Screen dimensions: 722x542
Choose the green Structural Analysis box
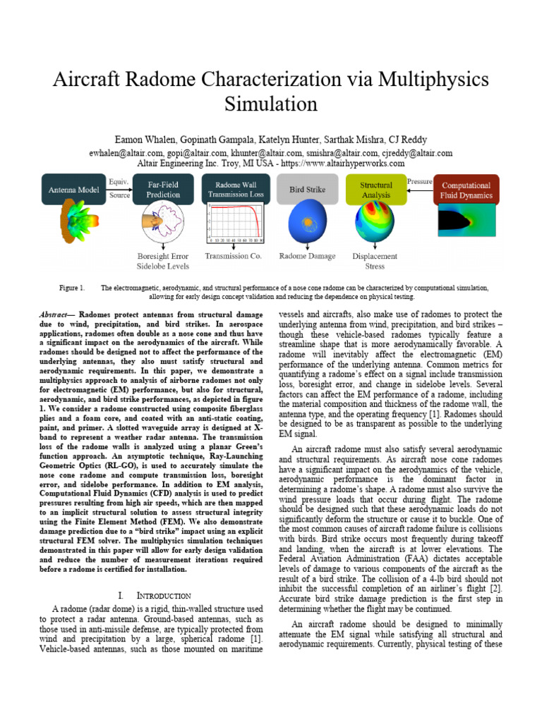(375, 190)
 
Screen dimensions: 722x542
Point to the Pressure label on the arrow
(419, 182)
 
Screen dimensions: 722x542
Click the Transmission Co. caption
(233, 256)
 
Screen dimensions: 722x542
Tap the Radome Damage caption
(308, 256)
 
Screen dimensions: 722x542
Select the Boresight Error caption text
(163, 256)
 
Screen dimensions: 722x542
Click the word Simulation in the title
(271, 104)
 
